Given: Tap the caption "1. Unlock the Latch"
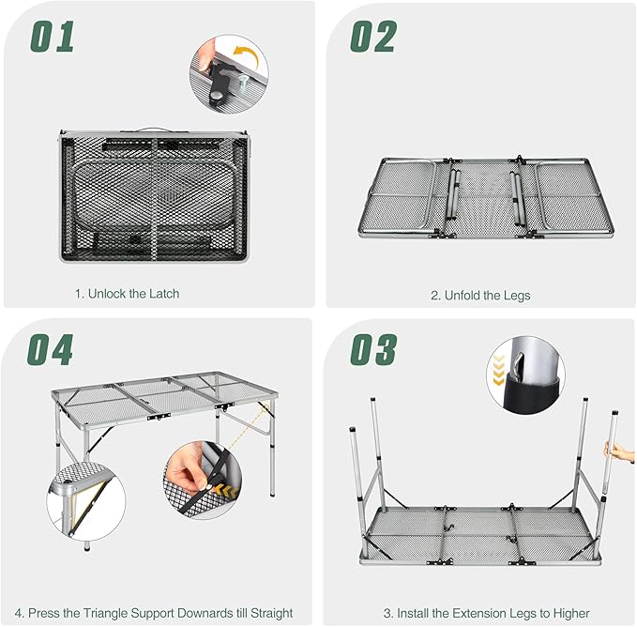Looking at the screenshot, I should (127, 294).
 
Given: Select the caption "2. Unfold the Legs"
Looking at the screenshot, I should (480, 295).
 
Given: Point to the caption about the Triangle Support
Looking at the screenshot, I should (159, 613).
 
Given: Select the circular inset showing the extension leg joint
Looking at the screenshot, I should (522, 384).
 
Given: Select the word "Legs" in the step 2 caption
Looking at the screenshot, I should (515, 295).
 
